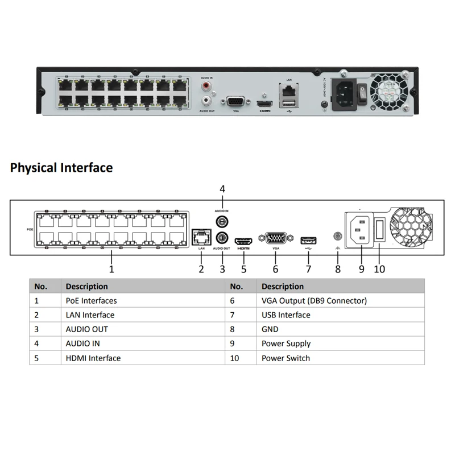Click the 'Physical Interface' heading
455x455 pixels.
pos(61,168)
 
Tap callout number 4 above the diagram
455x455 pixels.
pos(222,189)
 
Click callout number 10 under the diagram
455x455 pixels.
pos(379,268)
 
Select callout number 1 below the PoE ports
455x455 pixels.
pos(111,268)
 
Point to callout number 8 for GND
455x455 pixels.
pos(338,268)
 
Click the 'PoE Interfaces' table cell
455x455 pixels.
pos(91,300)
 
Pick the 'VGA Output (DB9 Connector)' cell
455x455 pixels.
pos(314,300)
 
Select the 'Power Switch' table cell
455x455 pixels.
pos(286,358)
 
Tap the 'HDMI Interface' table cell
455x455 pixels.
pos(93,358)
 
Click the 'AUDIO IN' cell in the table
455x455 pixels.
pos(82,344)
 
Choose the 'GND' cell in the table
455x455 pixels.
pos(270,329)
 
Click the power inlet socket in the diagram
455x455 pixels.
pos(360,230)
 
